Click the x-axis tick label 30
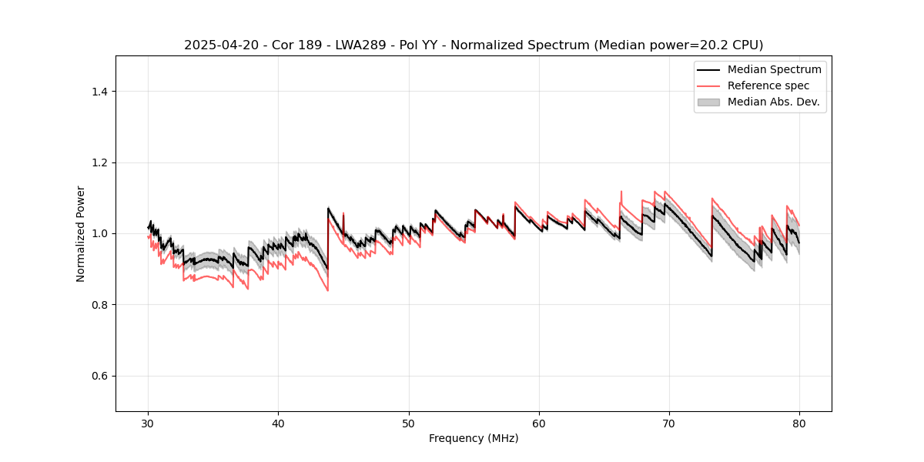(149, 423)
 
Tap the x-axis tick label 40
(279, 423)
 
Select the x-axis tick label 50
(409, 423)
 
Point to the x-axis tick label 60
(539, 423)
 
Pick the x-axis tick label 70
(669, 423)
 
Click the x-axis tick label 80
(799, 423)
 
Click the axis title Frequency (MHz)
(474, 438)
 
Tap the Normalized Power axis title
(81, 233)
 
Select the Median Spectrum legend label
(774, 69)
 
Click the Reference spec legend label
(768, 85)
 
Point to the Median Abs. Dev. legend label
(773, 102)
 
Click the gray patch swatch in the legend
(708, 102)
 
